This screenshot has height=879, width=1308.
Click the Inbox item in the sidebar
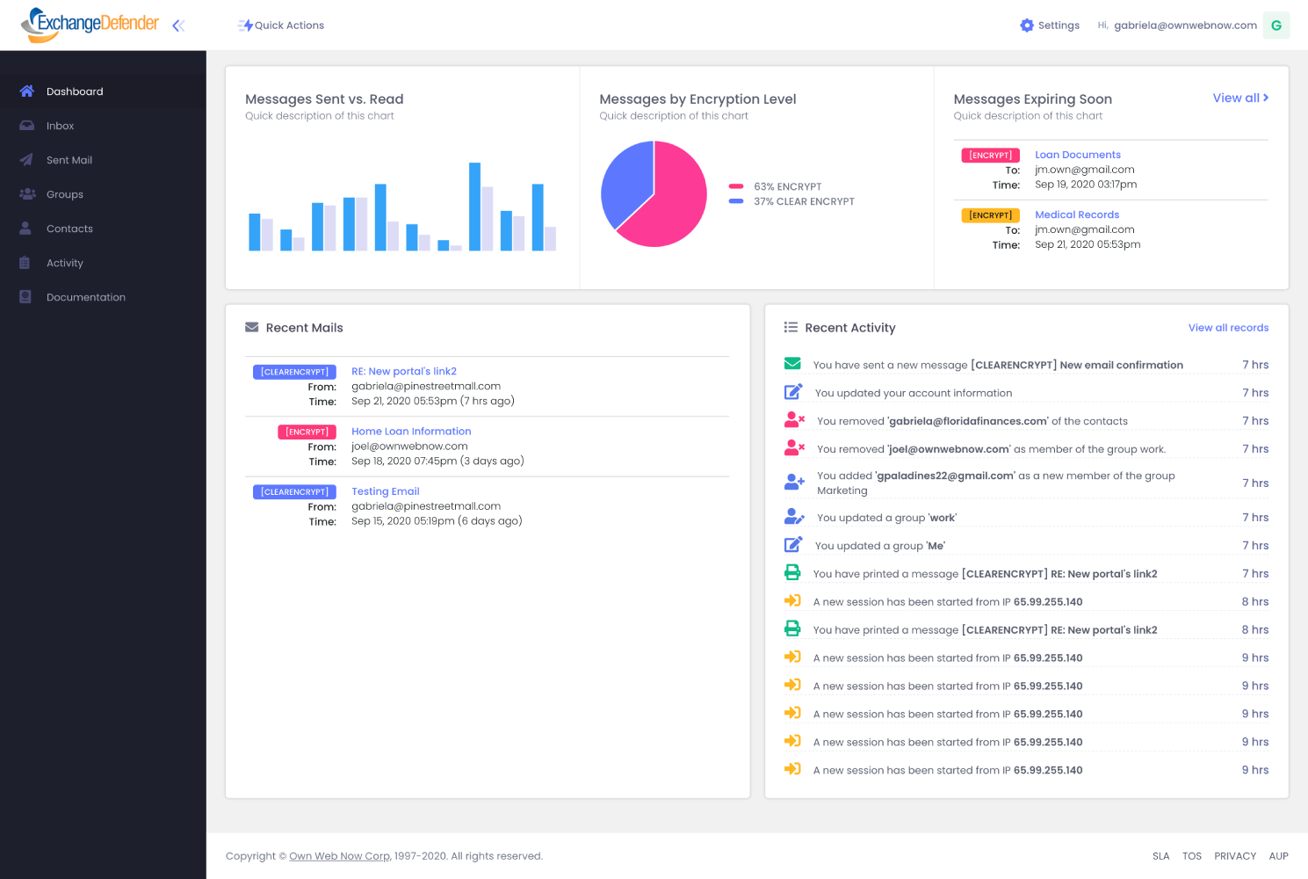point(60,126)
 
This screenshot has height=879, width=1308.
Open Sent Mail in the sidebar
point(69,160)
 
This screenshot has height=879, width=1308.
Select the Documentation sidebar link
point(85,297)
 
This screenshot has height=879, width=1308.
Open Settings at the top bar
point(1050,25)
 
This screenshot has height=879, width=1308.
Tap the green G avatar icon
point(1275,25)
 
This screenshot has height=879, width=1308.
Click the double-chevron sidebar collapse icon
point(178,25)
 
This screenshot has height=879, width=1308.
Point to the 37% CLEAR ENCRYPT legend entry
point(803,201)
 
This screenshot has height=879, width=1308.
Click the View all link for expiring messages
point(1239,98)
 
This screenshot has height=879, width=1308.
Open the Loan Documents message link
point(1077,155)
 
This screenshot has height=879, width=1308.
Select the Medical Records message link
point(1076,214)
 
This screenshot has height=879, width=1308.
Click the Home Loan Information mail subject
point(411,432)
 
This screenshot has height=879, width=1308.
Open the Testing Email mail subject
point(385,491)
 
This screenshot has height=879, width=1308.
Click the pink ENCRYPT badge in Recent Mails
point(307,432)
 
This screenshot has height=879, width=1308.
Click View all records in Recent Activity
point(1227,328)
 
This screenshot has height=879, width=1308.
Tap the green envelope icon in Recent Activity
point(792,364)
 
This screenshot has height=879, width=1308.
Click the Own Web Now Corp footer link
point(339,856)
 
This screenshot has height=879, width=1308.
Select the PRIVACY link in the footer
point(1234,856)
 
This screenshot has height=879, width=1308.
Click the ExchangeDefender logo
point(90,25)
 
